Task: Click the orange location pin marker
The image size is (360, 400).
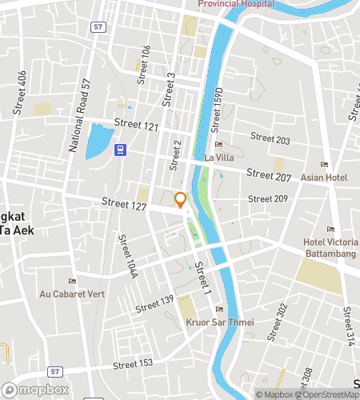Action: click(181, 199)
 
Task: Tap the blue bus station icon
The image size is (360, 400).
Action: click(120, 149)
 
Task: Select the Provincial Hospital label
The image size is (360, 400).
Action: click(236, 4)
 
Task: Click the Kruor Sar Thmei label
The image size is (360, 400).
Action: click(219, 322)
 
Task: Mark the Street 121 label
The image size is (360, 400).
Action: click(137, 125)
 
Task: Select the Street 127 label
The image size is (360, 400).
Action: click(123, 205)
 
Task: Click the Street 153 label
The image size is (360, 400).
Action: click(133, 364)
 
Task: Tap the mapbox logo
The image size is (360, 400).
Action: click(35, 390)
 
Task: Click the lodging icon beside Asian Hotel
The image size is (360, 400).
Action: click(324, 164)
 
